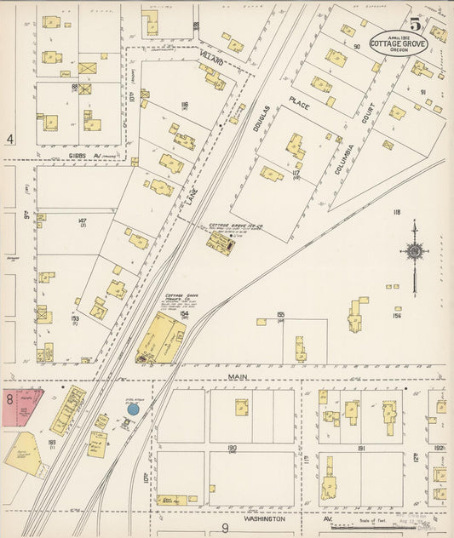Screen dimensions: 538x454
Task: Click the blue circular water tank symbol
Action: pos(133,409)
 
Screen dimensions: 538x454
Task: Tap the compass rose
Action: pos(415,251)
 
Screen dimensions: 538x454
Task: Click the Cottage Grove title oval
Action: pos(399,43)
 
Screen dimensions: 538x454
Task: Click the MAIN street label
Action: pos(236,375)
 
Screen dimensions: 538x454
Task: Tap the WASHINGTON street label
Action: pos(263,517)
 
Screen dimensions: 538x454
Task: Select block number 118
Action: pos(396,212)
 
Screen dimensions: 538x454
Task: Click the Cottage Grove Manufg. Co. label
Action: pos(177,300)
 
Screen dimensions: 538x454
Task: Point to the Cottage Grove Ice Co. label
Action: pos(236,226)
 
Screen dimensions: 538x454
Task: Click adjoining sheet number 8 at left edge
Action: pos(9,398)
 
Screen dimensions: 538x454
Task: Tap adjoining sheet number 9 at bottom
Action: pos(226,528)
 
